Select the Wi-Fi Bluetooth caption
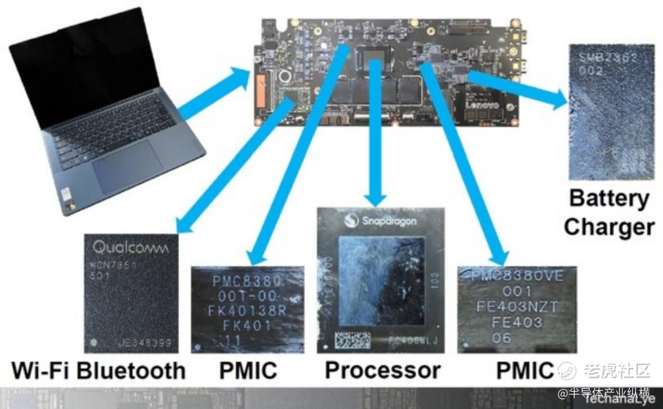(x=98, y=370)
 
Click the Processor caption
(x=382, y=370)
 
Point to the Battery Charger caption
(x=609, y=212)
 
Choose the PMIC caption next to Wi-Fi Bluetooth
(x=248, y=370)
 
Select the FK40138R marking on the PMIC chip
(x=248, y=311)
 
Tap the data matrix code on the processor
(x=352, y=340)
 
